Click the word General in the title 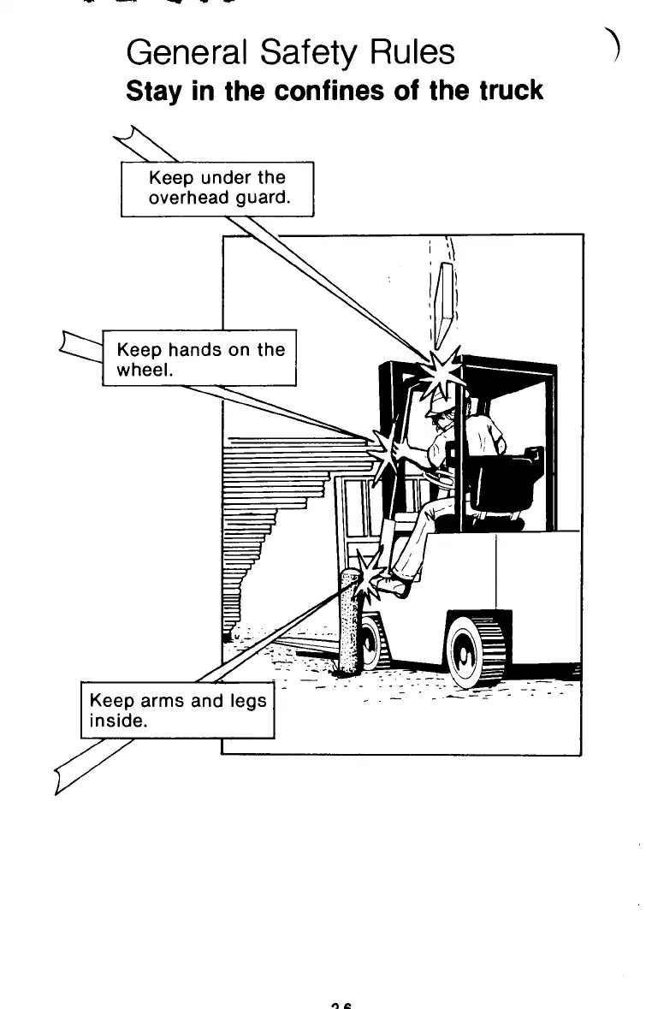tap(179, 54)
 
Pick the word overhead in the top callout tap(183, 198)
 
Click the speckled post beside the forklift tap(349, 620)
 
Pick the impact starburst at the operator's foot tap(370, 571)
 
